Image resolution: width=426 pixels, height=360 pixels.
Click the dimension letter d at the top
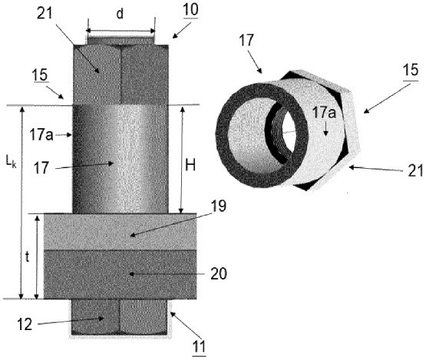coord(120,14)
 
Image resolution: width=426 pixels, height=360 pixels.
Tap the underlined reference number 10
coord(190,10)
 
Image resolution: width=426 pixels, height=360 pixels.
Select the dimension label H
coord(190,164)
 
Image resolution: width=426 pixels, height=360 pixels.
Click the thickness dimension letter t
coord(27,256)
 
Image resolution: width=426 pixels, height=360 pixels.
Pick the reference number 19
coord(219,206)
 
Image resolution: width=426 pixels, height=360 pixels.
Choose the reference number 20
coord(219,273)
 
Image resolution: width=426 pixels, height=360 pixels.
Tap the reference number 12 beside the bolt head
coord(25,324)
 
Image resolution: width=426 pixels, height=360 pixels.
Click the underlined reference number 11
coord(199,346)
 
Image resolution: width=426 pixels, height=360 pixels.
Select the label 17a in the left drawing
coord(41,134)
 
